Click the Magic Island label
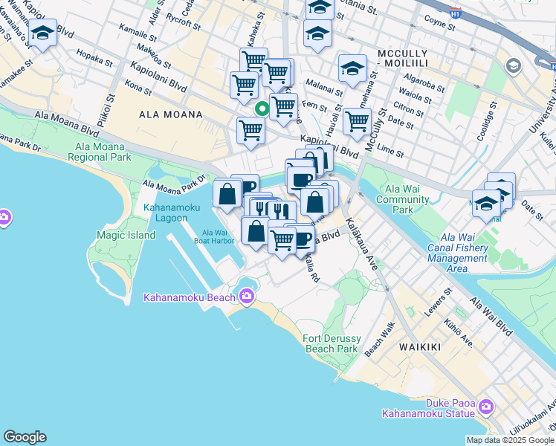(x=126, y=235)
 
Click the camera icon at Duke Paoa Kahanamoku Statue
(x=486, y=407)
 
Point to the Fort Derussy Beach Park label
(x=331, y=343)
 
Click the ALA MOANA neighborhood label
(x=171, y=114)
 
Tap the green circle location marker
(x=262, y=109)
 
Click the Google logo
(x=25, y=437)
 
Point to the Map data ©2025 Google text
(x=510, y=440)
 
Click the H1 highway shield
(x=456, y=13)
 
